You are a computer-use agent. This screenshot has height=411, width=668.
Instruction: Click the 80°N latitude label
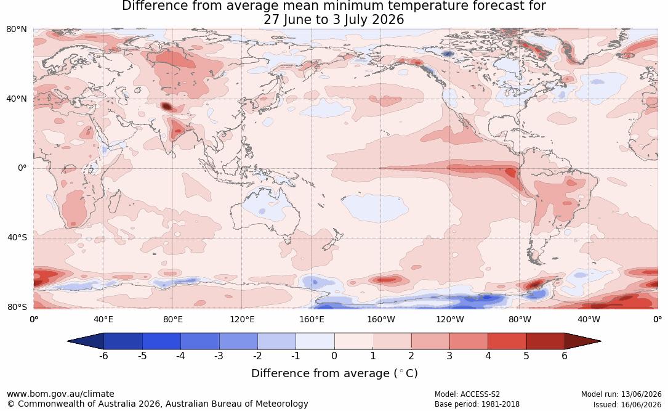16,30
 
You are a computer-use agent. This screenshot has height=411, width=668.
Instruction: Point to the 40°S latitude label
17,237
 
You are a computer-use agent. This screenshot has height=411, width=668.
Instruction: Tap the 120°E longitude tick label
242,319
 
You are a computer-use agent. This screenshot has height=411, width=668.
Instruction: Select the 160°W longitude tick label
381,319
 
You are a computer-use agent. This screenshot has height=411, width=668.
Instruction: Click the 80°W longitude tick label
520,319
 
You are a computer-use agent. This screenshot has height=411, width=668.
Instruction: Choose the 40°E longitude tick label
103,319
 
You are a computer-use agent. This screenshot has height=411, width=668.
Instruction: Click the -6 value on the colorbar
103,356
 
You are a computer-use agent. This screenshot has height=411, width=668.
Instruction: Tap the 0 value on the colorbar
334,356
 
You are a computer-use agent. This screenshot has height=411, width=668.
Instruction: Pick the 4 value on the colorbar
488,356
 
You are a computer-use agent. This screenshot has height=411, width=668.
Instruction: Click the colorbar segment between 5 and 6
545,341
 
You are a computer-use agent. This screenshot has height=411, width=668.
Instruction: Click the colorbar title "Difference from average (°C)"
334,373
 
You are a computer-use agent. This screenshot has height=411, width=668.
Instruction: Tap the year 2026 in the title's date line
388,20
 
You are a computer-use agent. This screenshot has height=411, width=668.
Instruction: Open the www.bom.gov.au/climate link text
60,394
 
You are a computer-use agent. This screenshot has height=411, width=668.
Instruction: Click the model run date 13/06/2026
641,394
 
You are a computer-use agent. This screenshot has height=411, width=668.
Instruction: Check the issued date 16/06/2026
641,404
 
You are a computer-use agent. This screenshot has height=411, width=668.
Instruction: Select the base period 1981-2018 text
500,404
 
